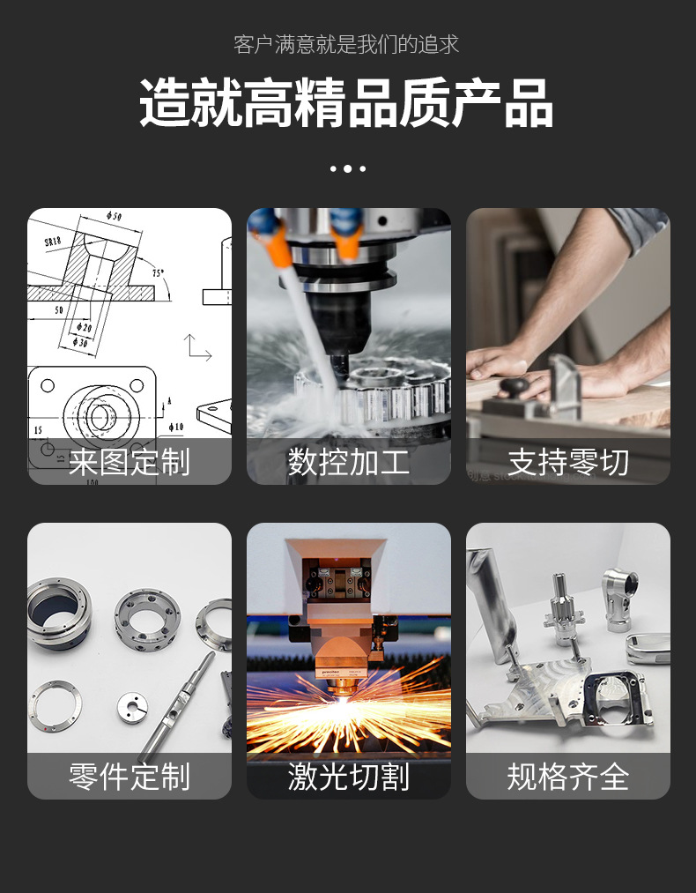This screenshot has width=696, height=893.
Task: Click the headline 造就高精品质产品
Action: (x=347, y=104)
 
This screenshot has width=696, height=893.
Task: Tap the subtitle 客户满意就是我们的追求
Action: (x=347, y=44)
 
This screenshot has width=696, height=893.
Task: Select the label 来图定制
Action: (x=130, y=462)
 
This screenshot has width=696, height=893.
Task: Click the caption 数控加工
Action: (x=348, y=462)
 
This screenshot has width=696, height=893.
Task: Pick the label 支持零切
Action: (x=567, y=462)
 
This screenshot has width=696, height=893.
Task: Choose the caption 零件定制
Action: (x=130, y=777)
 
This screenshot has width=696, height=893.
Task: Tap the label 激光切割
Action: (x=348, y=777)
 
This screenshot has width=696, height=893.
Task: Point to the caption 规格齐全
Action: (x=567, y=777)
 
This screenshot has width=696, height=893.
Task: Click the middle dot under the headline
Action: (x=347, y=168)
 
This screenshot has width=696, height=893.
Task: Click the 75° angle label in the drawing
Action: (x=158, y=273)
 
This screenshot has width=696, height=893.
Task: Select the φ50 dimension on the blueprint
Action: (x=114, y=216)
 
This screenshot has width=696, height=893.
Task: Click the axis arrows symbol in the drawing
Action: (x=196, y=348)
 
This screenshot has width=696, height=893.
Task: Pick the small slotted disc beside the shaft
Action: (x=132, y=705)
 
